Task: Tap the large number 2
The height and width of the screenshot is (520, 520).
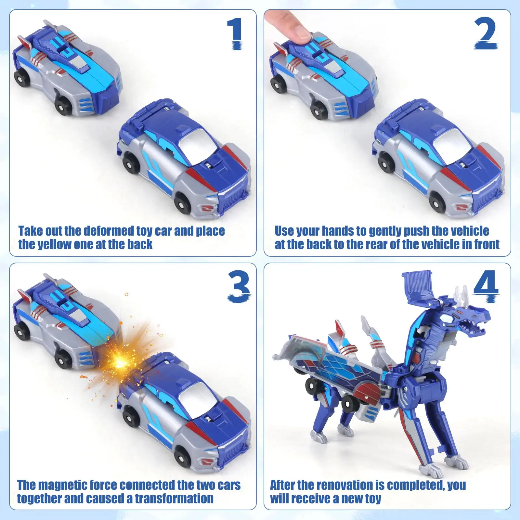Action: (x=486, y=33)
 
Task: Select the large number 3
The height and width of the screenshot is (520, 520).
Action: (x=239, y=287)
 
